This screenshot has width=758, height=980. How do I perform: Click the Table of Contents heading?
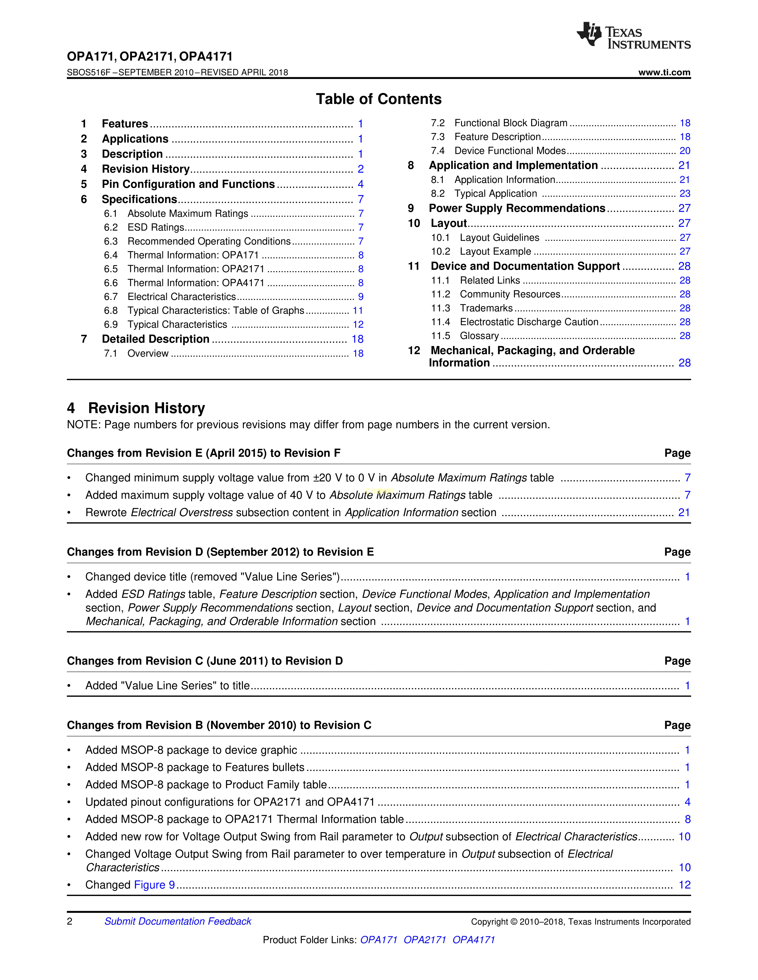pos(378,99)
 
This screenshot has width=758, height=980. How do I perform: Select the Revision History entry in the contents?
pos(145,169)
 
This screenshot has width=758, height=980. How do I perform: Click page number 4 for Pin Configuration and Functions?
pos(361,184)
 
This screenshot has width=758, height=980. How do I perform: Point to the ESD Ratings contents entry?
pos(156,227)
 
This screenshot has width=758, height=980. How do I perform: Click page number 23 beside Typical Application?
pos(684,194)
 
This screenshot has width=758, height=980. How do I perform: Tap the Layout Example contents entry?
pos(495,252)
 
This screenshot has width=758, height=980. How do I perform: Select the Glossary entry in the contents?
pos(479,336)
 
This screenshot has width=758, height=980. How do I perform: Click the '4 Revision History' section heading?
pos(136,408)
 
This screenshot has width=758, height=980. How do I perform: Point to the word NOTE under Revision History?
pos(84,425)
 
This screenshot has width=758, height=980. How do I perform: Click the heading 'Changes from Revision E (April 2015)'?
pos(203,453)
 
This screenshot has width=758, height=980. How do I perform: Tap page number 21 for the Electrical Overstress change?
pos(683,513)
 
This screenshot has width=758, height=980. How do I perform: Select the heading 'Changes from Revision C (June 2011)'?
pos(205,661)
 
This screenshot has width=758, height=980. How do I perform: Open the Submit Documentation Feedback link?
pos(178,921)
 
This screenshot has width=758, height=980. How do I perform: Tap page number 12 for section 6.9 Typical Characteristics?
pos(358,324)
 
